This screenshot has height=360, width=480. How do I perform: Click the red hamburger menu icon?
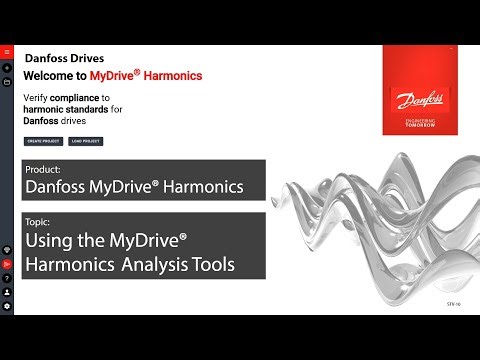pyautogui.click(x=6, y=51)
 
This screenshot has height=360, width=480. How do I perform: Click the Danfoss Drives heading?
pyautogui.click(x=64, y=58)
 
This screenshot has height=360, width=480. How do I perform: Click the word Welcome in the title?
pyautogui.click(x=46, y=76)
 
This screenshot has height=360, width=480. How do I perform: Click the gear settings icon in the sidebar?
pyautogui.click(x=6, y=305)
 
